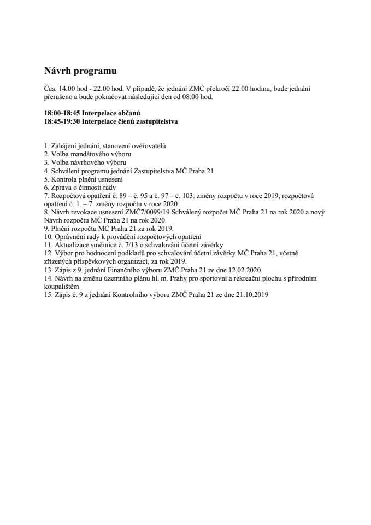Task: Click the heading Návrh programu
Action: (80, 71)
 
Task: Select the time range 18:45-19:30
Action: (62, 121)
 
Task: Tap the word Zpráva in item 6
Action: (63, 187)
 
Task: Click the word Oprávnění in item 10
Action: (70, 236)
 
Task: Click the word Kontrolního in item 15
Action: (131, 294)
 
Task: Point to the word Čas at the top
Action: (50, 88)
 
